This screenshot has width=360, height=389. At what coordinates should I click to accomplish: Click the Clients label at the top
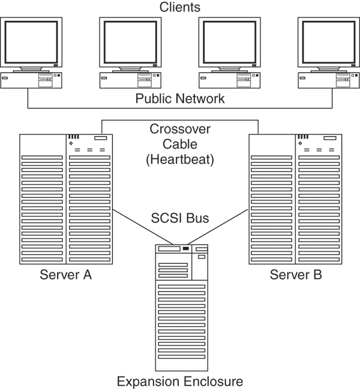pos(180,8)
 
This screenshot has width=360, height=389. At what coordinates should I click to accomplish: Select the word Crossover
pos(180,130)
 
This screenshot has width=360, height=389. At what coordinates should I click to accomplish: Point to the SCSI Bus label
pos(180,218)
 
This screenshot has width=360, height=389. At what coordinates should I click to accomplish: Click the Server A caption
pos(65,276)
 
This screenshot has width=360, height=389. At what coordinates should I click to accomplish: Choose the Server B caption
pos(295,276)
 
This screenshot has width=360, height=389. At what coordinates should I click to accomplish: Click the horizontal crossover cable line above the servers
pos(180,120)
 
